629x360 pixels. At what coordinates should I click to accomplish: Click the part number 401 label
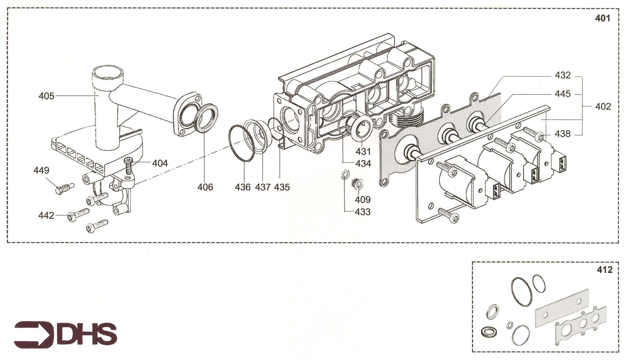tap(602, 18)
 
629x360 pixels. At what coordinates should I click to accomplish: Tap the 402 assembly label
tap(603, 106)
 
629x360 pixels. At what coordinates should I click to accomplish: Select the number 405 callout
tap(46, 96)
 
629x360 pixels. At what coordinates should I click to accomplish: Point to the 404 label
tap(160, 163)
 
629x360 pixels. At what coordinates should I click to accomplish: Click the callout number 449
tap(41, 170)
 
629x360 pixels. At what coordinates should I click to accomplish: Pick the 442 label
tap(46, 215)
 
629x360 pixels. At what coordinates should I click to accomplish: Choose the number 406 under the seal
tap(205, 187)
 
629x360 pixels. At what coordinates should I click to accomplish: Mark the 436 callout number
tap(243, 187)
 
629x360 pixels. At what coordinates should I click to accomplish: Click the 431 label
tap(363, 152)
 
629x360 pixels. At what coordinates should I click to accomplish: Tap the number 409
tap(363, 200)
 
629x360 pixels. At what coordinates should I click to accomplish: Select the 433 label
tap(363, 212)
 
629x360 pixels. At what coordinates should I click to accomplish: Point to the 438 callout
tap(563, 134)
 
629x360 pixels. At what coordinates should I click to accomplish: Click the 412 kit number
tap(605, 270)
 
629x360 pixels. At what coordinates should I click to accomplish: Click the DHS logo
tap(66, 335)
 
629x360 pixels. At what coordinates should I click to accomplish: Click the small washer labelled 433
tap(345, 175)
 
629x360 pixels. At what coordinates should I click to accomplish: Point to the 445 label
tap(563, 94)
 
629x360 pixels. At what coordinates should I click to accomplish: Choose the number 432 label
tap(563, 75)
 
